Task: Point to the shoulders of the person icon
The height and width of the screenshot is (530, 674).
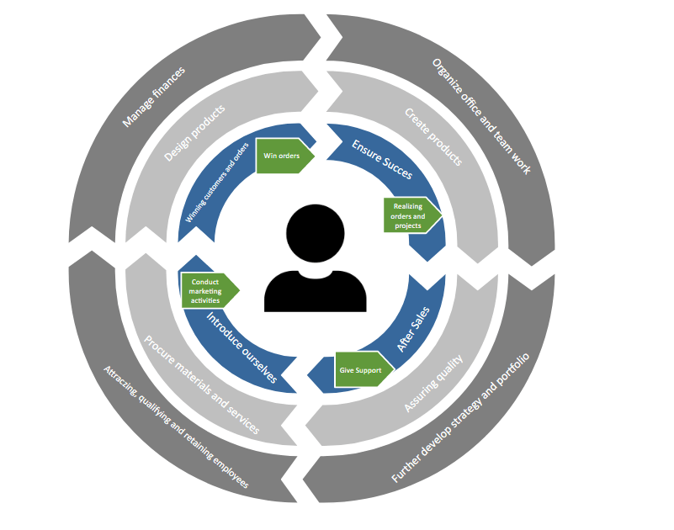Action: pyautogui.click(x=315, y=290)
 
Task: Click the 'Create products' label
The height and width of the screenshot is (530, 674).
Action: pyautogui.click(x=433, y=135)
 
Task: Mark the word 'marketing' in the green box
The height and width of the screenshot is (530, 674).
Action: pyautogui.click(x=206, y=291)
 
